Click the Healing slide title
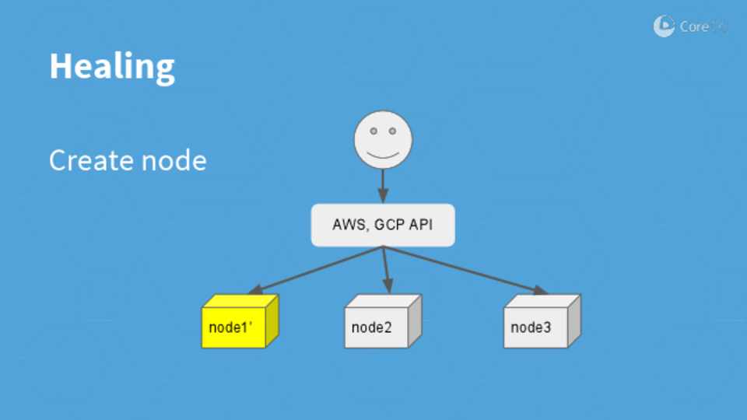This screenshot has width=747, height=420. coord(112,67)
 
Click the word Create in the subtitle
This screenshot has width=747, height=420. coord(88,161)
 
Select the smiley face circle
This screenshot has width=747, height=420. coord(383,141)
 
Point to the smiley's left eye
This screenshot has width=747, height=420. coord(373,131)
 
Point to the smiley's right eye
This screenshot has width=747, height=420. coord(394,131)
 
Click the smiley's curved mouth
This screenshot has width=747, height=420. coord(383,154)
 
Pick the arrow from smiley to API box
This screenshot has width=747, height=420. coord(383,187)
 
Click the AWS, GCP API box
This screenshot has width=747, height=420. coord(383,226)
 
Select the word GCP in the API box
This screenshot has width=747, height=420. coord(389,226)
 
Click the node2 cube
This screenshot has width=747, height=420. coord(382,322)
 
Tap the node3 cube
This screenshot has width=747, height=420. coord(541,322)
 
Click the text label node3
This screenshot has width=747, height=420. coord(531,327)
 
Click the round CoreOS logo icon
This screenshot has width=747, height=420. coord(664,26)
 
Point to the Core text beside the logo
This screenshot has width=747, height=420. coord(694,26)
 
